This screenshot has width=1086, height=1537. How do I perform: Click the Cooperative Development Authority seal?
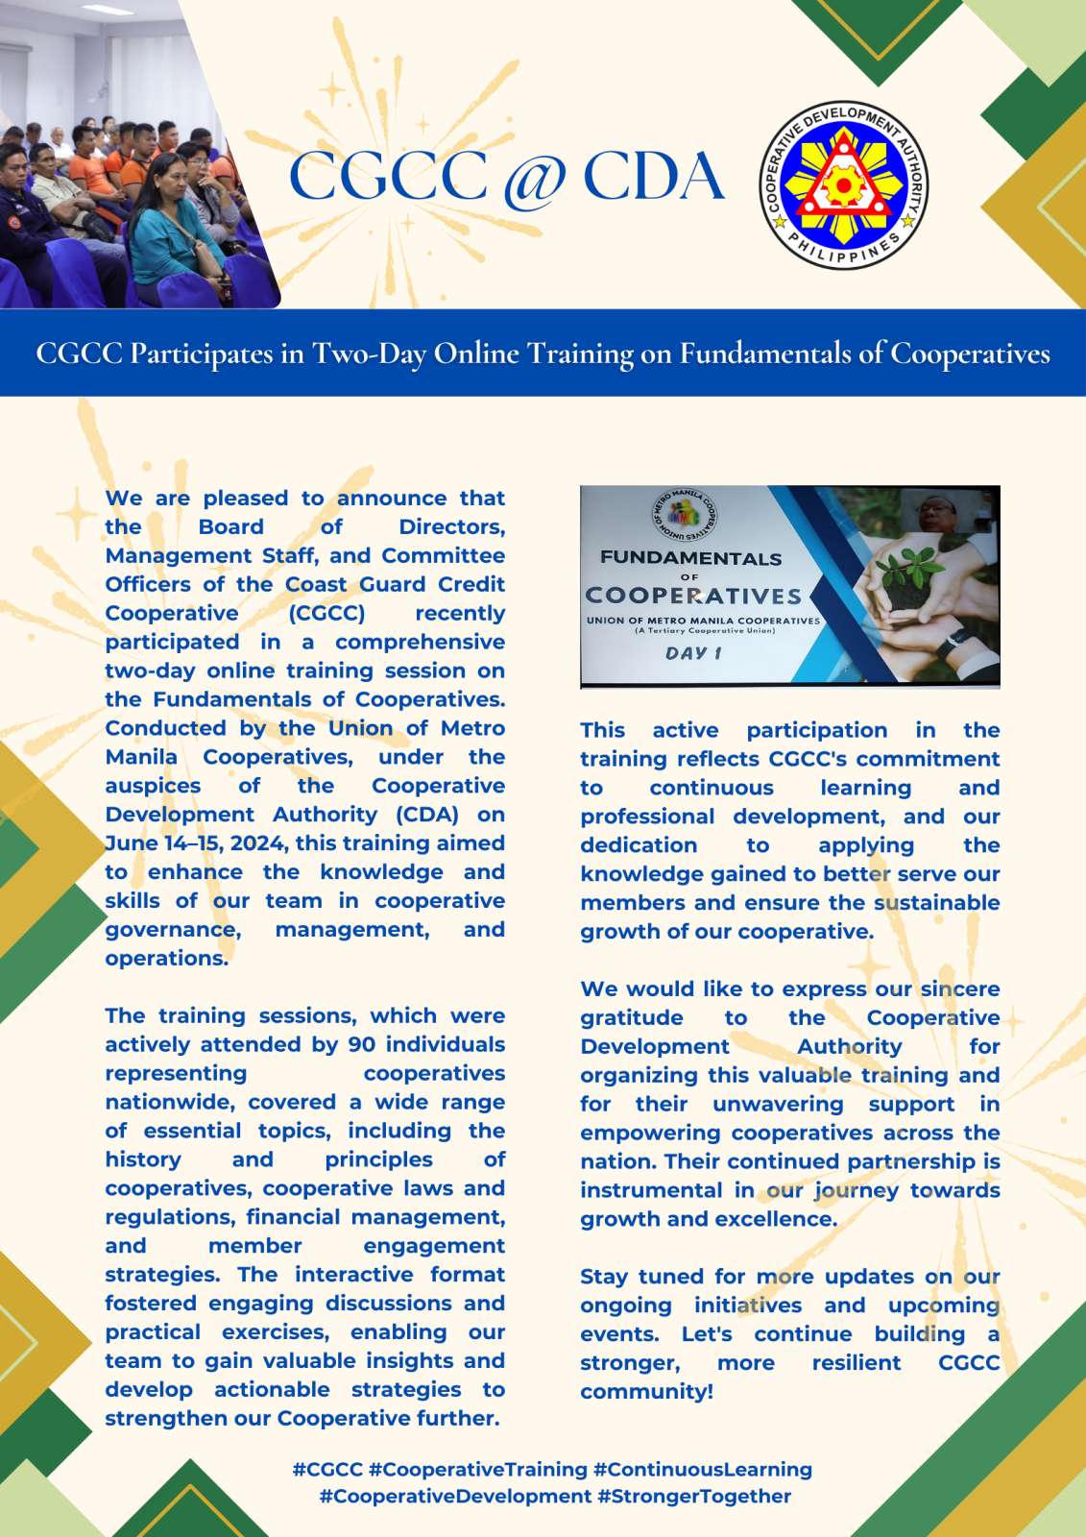tap(844, 184)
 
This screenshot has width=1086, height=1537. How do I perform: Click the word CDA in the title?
tap(653, 177)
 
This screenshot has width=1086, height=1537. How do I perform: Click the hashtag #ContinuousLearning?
tap(703, 1469)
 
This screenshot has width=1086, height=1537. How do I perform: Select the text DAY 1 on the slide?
tap(693, 653)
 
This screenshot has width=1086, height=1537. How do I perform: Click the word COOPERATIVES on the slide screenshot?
tap(693, 596)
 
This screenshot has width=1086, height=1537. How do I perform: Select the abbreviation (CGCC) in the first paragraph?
tap(326, 613)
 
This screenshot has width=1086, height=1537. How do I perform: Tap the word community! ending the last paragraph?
tap(646, 1391)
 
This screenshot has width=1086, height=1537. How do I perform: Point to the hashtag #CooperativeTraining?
tap(477, 1469)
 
